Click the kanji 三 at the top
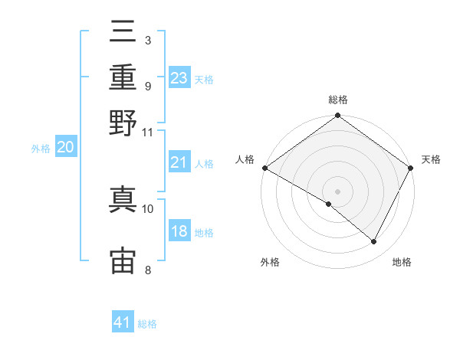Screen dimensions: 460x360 [123, 31]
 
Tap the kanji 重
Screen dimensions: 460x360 [123, 77]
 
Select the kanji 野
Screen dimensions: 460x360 [123, 123]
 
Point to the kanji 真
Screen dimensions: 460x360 [123, 199]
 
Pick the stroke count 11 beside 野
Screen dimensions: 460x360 [147, 133]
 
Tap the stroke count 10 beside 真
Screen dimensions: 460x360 [147, 209]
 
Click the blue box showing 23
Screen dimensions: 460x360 [179, 77]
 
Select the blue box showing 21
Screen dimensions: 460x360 [179, 162]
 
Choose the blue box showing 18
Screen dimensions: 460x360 [179, 230]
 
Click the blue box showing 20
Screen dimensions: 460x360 [66, 146]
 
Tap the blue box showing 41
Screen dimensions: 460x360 [123, 321]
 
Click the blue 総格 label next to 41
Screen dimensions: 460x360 [147, 324]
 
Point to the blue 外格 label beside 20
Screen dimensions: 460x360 [41, 149]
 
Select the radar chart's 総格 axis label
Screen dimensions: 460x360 [338, 100]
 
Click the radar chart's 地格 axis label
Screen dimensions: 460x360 [402, 262]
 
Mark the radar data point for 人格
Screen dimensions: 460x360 [265, 168]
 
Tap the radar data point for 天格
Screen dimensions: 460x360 [410, 168]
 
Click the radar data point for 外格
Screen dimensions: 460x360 [329, 204]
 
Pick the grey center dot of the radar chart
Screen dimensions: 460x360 [337, 191]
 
